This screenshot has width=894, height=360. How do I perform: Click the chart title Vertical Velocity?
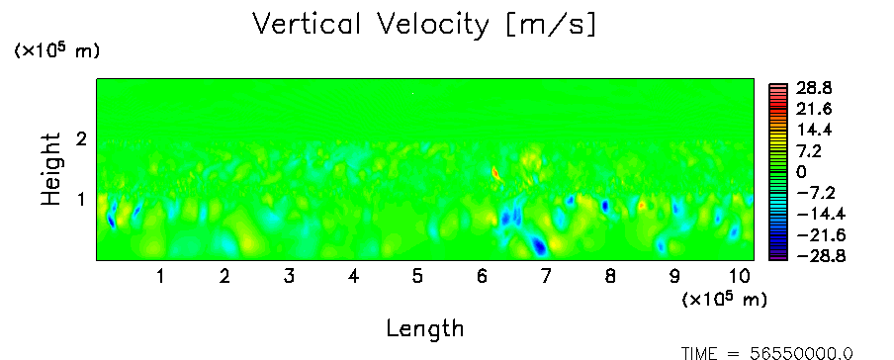pos(371,25)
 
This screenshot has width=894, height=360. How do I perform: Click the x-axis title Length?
pos(425,328)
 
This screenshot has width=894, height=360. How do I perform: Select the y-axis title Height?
pos(50,169)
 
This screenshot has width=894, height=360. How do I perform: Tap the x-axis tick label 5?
pos(417,277)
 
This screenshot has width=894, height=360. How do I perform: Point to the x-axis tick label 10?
pos(740,277)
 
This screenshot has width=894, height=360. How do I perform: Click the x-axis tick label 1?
pos(161,277)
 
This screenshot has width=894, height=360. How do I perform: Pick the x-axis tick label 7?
pos(546,277)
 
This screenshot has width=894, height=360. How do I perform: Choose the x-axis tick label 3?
pos(289,277)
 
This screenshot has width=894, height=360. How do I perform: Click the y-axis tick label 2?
pos(81,138)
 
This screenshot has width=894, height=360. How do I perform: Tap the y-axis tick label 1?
pos(81,200)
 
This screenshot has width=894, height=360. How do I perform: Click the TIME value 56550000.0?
pos(802,353)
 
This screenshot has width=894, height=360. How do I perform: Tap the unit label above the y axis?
pos(56,50)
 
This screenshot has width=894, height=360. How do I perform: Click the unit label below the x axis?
pos(724,299)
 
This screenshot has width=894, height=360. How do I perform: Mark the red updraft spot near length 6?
pos(494,172)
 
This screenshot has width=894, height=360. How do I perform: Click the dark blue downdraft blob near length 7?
pos(538,246)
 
